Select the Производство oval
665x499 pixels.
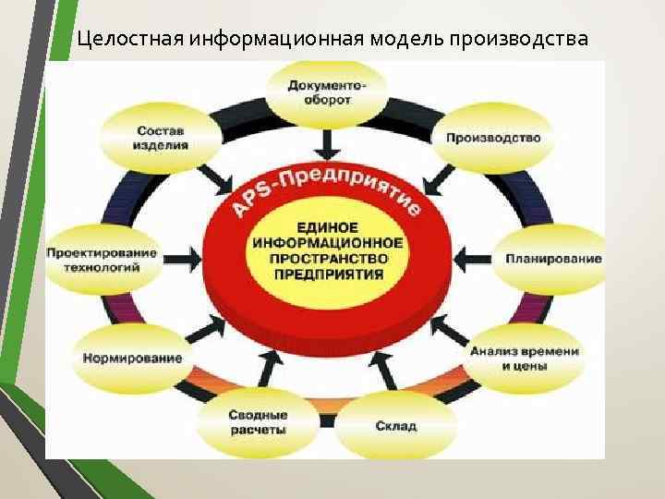pyautogui.click(x=492, y=138)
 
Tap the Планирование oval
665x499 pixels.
pyautogui.click(x=552, y=259)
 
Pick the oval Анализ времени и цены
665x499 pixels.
pyautogui.click(x=524, y=358)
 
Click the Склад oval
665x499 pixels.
pyautogui.click(x=396, y=426)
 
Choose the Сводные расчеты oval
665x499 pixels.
pyautogui.click(x=258, y=423)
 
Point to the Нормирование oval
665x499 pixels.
pyautogui.click(x=132, y=358)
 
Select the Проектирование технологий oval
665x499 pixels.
pyautogui.click(x=102, y=260)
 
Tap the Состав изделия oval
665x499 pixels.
pyautogui.click(x=162, y=138)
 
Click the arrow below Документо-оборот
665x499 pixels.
pyautogui.click(x=326, y=142)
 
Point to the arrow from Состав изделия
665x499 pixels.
pyautogui.click(x=215, y=179)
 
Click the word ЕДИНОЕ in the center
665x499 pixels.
pyautogui.click(x=326, y=225)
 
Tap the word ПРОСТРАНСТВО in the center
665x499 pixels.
pyautogui.click(x=326, y=259)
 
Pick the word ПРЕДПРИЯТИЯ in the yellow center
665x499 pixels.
pyautogui.click(x=326, y=275)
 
